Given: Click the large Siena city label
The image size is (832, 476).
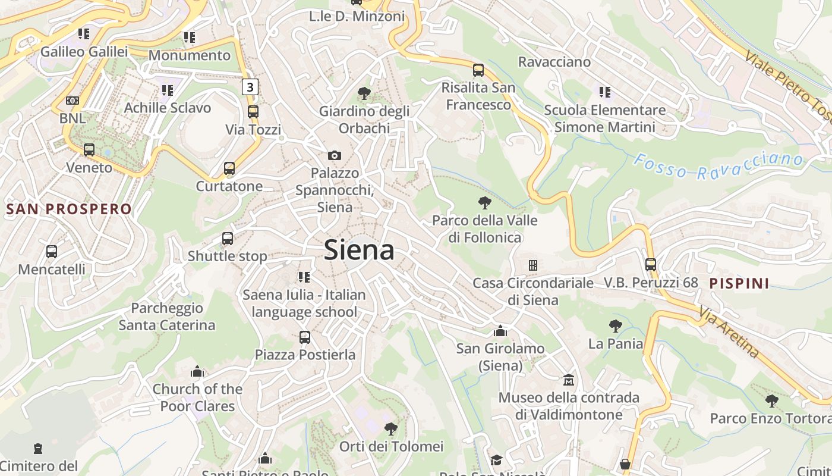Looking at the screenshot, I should (359, 250).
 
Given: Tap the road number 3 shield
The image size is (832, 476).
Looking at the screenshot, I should (250, 87).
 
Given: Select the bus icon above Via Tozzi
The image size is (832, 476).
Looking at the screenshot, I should (253, 112).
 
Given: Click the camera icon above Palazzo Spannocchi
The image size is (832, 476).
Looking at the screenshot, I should (335, 155).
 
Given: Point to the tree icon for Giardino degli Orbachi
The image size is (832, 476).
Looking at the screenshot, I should (364, 93).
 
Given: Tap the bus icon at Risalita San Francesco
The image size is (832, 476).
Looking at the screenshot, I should (478, 70).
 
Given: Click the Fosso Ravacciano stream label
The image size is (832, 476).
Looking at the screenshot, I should (718, 166).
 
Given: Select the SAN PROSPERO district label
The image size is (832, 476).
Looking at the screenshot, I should (68, 209).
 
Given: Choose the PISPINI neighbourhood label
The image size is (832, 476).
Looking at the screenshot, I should (739, 283).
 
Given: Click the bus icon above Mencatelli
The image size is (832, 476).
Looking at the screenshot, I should (52, 252).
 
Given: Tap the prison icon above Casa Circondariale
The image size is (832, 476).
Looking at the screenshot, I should (533, 265).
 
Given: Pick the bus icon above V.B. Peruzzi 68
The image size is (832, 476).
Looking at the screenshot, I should (651, 265).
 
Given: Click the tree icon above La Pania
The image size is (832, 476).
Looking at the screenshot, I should (616, 326).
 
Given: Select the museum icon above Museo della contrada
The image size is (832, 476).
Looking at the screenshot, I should (569, 380).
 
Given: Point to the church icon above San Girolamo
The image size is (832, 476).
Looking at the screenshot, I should (500, 331).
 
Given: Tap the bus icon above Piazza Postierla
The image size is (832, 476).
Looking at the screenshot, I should (305, 337).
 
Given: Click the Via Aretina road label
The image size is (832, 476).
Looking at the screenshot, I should (729, 333).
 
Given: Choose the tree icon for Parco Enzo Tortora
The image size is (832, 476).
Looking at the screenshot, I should (771, 401).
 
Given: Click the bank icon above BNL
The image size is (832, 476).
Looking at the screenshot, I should (73, 101).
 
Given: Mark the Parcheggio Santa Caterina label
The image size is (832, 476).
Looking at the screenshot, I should (167, 317).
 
